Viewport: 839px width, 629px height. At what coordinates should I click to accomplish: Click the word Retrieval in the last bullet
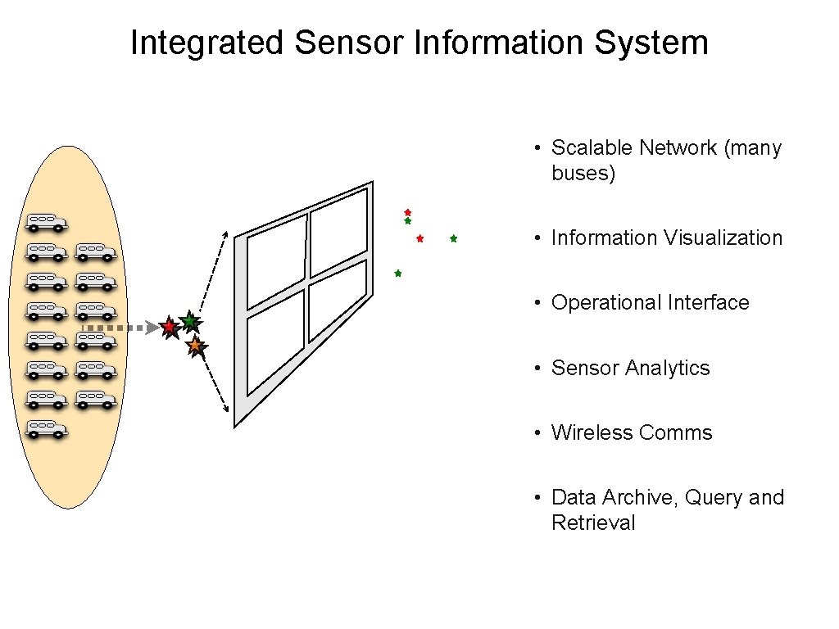tap(593, 523)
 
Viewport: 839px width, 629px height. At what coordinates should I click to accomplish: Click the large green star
tap(189, 321)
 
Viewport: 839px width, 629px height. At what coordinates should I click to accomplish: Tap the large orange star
tap(195, 346)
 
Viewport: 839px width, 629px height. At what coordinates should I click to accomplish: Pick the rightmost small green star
tap(453, 239)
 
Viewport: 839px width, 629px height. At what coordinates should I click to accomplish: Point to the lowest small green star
tap(397, 273)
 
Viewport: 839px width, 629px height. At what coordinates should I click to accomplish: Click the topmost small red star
tap(407, 212)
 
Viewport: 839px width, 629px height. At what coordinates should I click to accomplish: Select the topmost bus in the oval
tap(46, 222)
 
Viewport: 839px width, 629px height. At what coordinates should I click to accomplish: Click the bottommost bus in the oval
tap(46, 428)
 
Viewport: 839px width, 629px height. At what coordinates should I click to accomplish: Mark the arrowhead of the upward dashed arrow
tap(227, 233)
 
